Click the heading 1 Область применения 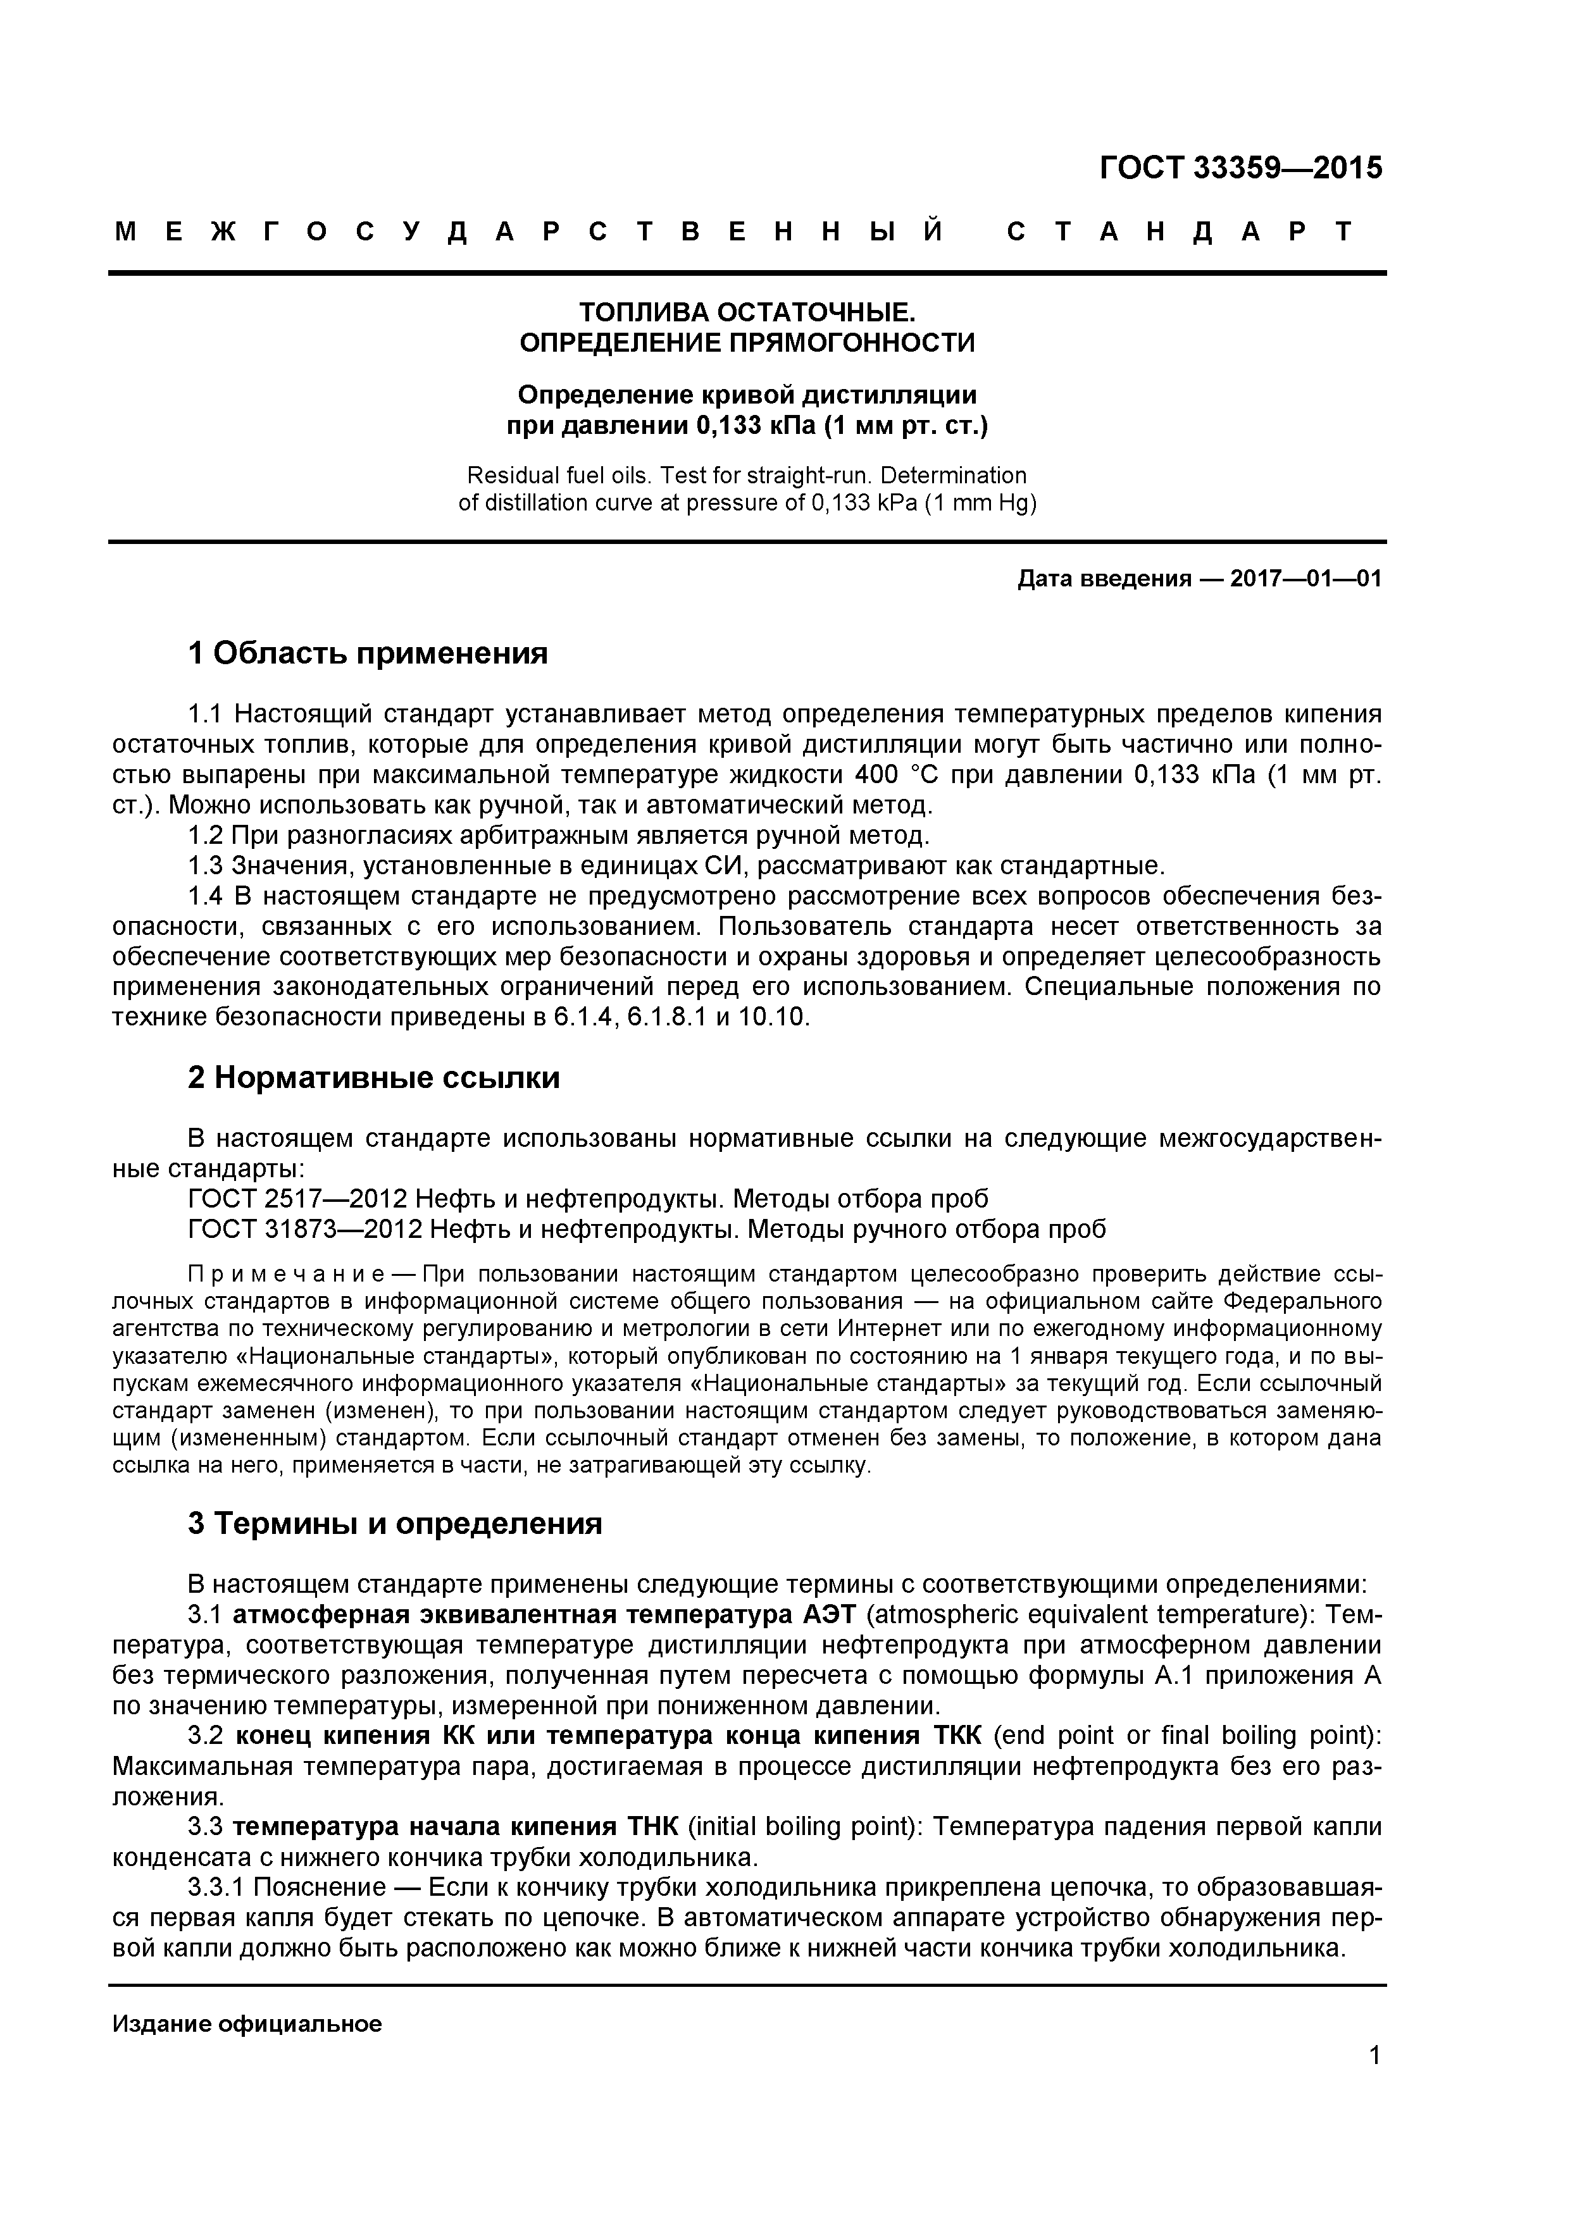point(368,653)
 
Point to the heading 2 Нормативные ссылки point(373,1078)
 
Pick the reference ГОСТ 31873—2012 point(304,1229)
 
